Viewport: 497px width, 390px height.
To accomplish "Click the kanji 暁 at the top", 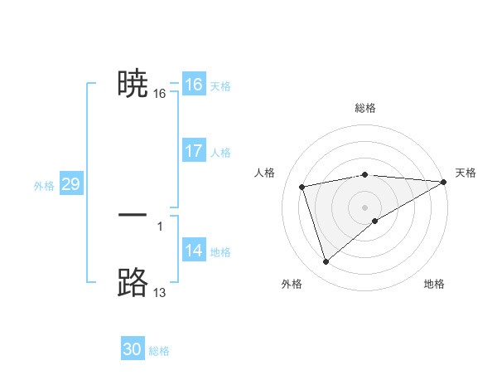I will tap(133, 85).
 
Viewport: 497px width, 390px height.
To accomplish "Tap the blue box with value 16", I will tap(193, 85).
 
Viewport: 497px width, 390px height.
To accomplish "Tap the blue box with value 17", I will tap(193, 151).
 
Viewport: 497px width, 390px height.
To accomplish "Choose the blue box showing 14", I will tap(193, 251).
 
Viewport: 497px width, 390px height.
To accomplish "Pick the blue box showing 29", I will tap(70, 184).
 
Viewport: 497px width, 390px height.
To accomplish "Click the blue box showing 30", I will tap(133, 349).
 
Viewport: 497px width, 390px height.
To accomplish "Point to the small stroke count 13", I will tap(159, 293).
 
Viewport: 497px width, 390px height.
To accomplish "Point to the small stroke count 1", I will tap(159, 226).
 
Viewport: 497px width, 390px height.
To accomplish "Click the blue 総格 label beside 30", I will tap(159, 351).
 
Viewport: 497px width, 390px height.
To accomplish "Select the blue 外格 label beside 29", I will tap(44, 186).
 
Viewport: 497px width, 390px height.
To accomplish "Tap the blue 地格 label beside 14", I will tap(220, 252).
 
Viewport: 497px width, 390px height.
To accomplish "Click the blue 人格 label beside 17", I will tap(220, 153).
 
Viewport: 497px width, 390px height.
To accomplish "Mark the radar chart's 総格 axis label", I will tap(365, 108).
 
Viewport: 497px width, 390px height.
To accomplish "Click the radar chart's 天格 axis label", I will tap(466, 173).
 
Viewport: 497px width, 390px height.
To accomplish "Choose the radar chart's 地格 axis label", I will tap(434, 285).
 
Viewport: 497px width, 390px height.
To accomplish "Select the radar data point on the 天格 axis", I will tap(444, 182).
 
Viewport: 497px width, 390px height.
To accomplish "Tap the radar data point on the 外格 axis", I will tap(326, 262).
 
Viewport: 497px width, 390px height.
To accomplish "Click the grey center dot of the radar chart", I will tap(365, 207).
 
